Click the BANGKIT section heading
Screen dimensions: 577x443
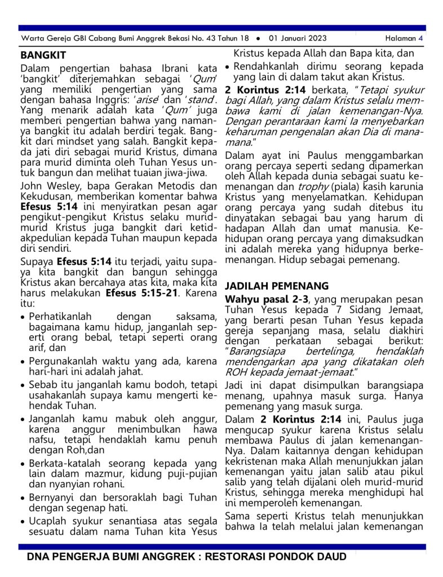[43, 55]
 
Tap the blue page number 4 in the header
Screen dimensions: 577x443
[420, 38]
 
